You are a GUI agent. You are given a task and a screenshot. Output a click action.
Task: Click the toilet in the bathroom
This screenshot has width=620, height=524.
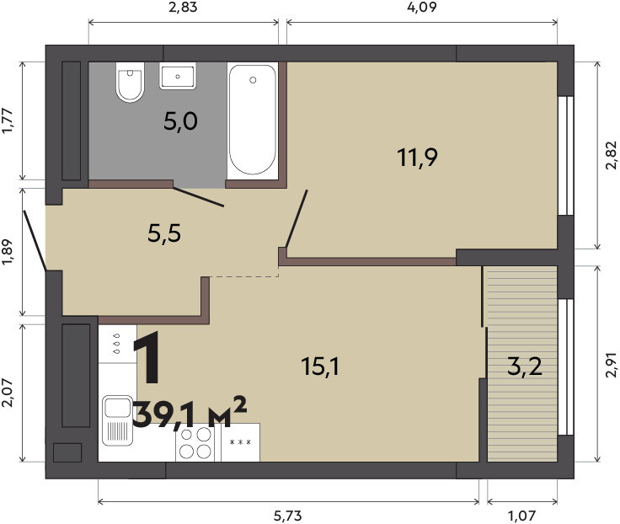[130, 82]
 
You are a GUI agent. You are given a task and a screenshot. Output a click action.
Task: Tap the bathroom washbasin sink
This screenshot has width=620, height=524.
[178, 76]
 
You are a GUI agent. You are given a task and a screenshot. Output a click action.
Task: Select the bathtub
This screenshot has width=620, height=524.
[253, 120]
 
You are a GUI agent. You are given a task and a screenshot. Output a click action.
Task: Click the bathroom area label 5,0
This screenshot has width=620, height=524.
[180, 121]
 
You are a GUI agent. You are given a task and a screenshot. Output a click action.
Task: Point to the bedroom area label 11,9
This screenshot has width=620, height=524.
[417, 158]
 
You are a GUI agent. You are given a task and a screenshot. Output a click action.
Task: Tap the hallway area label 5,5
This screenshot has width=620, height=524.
[164, 233]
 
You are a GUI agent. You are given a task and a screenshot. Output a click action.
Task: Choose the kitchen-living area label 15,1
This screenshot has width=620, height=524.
[320, 366]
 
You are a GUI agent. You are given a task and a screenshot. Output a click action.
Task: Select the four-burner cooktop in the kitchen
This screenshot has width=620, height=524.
[195, 442]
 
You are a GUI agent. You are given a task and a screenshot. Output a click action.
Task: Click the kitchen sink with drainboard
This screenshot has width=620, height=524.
[117, 420]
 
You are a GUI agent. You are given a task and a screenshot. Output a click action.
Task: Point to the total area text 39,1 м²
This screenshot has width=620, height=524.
[190, 413]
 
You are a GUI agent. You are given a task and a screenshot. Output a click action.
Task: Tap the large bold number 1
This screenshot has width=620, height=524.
[147, 357]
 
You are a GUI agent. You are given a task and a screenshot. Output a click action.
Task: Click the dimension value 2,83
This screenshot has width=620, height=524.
[183, 8]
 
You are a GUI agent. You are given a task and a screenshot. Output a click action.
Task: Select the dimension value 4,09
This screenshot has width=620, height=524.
[422, 8]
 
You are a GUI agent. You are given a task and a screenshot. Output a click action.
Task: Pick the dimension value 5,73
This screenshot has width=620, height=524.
[288, 516]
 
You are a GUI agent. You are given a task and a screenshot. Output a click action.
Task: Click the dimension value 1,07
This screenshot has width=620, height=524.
[522, 516]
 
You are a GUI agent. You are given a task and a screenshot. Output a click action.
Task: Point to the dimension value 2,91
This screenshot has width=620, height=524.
[611, 364]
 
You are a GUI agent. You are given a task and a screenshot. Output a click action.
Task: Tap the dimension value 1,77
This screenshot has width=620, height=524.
[8, 120]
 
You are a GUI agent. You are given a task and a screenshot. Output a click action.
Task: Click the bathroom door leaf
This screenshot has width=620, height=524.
[199, 196]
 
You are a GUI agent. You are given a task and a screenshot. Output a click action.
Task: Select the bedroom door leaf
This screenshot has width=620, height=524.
[297, 219]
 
